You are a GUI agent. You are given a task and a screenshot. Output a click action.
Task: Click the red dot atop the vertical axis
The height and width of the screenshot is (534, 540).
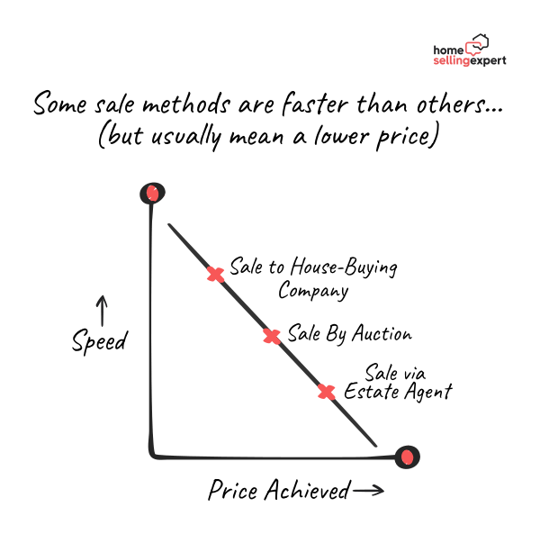(x=152, y=193)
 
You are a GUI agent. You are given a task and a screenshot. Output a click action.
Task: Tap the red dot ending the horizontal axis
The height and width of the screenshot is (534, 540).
(x=407, y=457)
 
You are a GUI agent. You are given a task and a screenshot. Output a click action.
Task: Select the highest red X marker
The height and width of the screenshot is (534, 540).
(x=215, y=275)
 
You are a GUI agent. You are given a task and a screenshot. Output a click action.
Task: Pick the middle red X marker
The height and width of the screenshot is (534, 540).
(x=271, y=337)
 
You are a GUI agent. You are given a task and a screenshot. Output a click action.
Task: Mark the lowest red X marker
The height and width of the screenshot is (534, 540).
(x=326, y=392)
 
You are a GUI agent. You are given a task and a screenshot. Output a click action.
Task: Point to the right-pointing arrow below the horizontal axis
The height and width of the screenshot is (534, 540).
(x=368, y=491)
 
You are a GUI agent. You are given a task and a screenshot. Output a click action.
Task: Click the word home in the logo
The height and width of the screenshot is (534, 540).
(x=448, y=50)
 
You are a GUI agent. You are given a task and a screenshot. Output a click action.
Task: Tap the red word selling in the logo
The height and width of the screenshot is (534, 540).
(x=452, y=61)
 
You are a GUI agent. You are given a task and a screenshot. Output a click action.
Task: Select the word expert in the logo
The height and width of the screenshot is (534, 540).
(x=489, y=61)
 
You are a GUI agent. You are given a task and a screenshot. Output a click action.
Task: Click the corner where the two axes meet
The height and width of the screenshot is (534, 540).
(x=152, y=455)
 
